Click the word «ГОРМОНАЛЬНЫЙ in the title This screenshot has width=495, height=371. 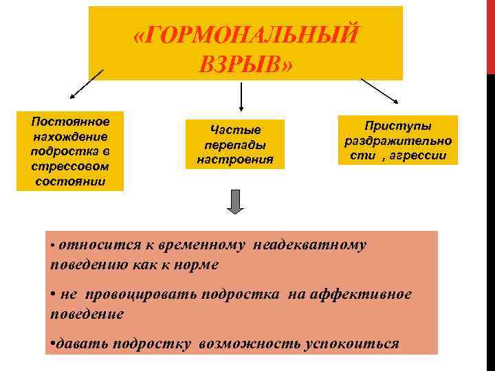(246, 35)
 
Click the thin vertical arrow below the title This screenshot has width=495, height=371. (241, 96)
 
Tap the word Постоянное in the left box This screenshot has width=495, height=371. (71, 122)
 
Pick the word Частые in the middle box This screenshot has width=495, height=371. (235, 130)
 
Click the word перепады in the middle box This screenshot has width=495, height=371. (235, 145)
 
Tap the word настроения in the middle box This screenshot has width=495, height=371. (235, 159)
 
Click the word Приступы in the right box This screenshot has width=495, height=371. (397, 126)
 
